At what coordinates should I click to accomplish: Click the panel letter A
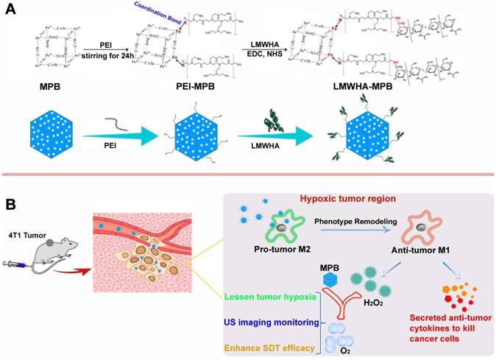point(13,10)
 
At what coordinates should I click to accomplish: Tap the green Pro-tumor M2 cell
point(269,226)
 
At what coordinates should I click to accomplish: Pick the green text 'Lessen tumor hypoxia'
point(270,297)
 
